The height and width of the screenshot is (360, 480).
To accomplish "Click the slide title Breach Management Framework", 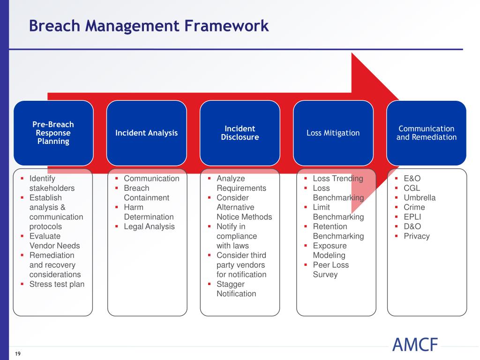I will (x=149, y=25).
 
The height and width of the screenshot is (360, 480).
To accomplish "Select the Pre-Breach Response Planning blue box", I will (x=53, y=133).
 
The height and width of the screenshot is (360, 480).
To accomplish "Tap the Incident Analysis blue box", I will (x=146, y=133).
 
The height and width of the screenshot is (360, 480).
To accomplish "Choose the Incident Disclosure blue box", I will (x=240, y=133).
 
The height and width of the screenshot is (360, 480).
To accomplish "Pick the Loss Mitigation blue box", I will (x=333, y=133).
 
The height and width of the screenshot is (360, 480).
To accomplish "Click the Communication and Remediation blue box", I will (x=426, y=133).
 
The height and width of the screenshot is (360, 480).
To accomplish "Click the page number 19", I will (x=18, y=353).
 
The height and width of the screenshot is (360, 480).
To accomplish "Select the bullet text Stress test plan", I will (x=57, y=284).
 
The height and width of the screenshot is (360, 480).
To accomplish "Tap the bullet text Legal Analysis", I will (x=149, y=226).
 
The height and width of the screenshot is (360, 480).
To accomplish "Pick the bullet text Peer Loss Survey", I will (x=330, y=270).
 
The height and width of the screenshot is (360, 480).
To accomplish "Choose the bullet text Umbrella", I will (x=420, y=197).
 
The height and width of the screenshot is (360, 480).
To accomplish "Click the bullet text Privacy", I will (x=416, y=236).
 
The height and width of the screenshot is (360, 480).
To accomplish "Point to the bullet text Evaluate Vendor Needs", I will (x=54, y=240).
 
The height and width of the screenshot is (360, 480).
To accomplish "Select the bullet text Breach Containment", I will (x=146, y=193).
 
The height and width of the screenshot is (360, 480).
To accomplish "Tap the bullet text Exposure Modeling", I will (x=330, y=250).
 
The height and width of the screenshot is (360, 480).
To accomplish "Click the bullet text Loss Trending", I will (x=337, y=178).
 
